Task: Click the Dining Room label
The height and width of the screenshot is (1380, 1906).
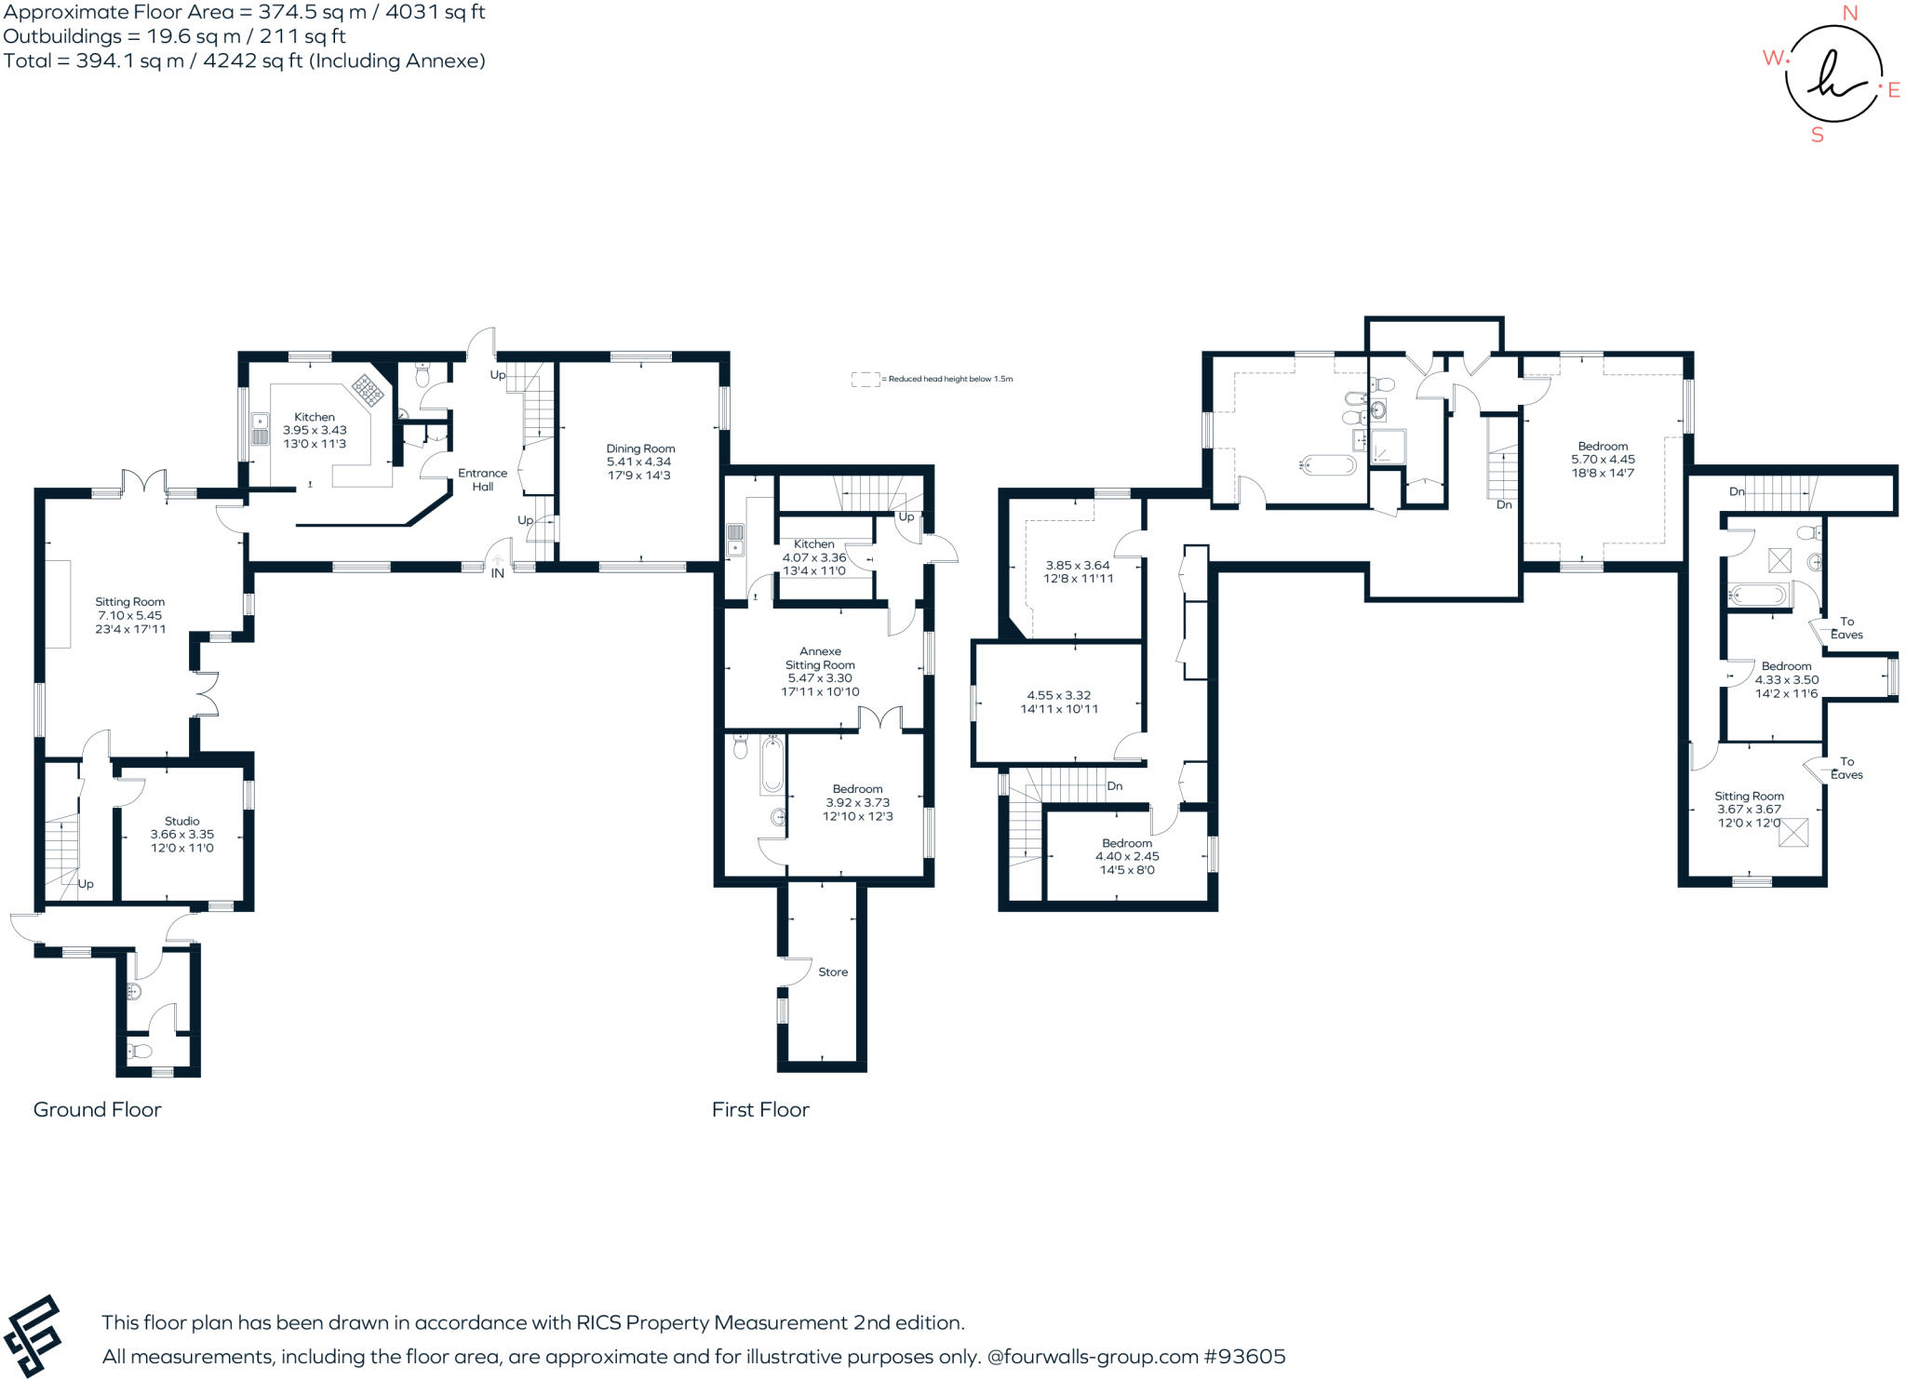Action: point(640,449)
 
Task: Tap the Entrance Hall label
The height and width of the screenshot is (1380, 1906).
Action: point(482,479)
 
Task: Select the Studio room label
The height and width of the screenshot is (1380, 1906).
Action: point(182,821)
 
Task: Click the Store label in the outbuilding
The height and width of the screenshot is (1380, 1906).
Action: point(833,971)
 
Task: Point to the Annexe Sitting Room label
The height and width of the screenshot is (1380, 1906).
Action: point(820,658)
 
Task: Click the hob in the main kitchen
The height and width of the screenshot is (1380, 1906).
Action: point(368,392)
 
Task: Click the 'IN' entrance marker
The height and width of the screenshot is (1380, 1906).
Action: point(498,573)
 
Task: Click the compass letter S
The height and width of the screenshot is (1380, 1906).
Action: point(1818,135)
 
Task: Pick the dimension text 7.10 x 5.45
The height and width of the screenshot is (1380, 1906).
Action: point(130,615)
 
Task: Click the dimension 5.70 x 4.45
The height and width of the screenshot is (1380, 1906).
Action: point(1604,459)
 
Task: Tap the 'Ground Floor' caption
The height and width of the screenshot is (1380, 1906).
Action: point(98,1109)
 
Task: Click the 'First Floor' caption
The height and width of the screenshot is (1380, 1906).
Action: point(760,1109)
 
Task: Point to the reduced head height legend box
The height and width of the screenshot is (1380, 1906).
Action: point(866,379)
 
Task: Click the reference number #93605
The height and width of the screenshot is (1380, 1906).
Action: point(1245,1357)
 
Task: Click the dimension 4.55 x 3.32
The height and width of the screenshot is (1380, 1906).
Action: point(1059,695)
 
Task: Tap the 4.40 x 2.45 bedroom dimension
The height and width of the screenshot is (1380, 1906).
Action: point(1127,856)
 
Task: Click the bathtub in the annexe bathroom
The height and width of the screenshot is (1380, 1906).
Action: point(772,764)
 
